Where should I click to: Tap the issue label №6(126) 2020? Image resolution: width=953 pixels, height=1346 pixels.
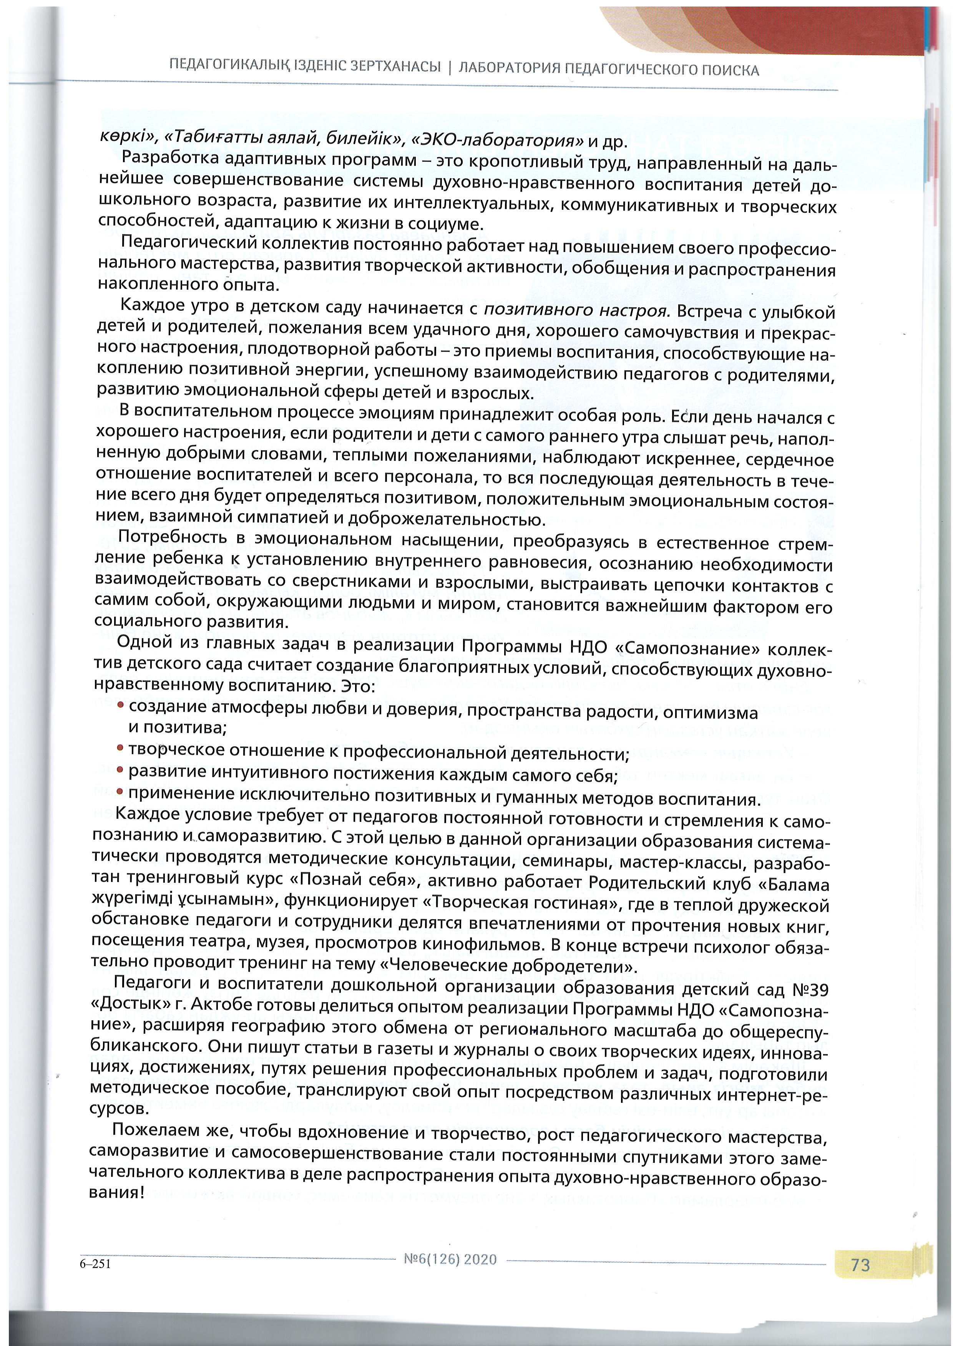point(451,1259)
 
